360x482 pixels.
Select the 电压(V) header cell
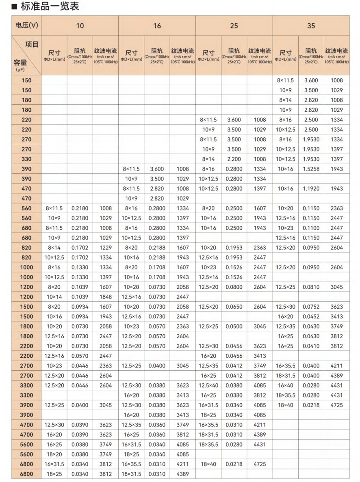click(x=26, y=26)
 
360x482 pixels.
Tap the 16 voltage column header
click(x=157, y=26)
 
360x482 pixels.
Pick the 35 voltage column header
click(x=311, y=26)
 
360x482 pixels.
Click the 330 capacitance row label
click(x=26, y=159)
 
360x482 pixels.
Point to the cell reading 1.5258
click(x=311, y=169)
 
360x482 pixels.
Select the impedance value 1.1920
click(x=311, y=188)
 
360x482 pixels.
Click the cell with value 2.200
click(x=234, y=159)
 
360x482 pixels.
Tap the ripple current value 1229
click(x=105, y=248)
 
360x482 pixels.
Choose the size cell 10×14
click(x=54, y=297)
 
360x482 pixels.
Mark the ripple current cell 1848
click(x=105, y=297)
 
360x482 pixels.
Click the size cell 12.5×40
click(x=208, y=385)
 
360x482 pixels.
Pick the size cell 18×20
click(x=54, y=454)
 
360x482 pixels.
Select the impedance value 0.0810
click(x=311, y=287)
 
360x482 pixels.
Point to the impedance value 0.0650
click(x=234, y=307)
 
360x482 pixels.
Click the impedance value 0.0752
click(x=311, y=307)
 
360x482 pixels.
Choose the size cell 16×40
click(x=286, y=385)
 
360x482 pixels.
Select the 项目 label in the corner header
click(x=32, y=44)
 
